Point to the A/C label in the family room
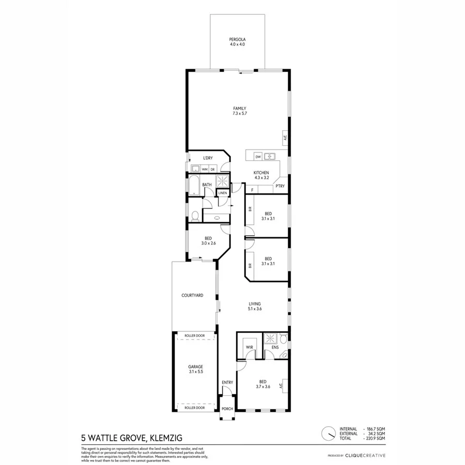point(285,137)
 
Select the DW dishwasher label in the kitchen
point(257,157)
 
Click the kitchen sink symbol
point(269,157)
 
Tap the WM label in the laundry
point(205,169)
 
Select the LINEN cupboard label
point(222,193)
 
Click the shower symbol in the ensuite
point(270,339)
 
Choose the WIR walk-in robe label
point(249,347)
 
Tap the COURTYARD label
point(192,296)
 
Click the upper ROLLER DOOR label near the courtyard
point(195,336)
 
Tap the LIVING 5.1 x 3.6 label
point(255,306)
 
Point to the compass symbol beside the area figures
point(327,431)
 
